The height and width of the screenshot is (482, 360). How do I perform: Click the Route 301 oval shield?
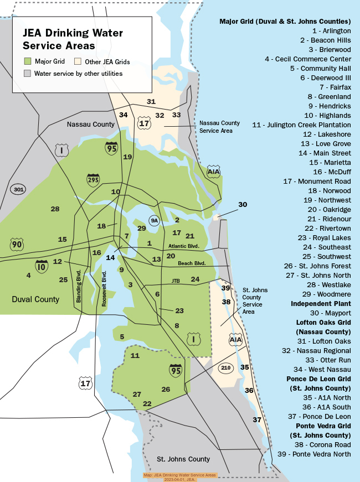click(18, 189)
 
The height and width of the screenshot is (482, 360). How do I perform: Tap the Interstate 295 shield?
click(93, 180)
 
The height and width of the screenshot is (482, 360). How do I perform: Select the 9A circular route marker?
click(155, 220)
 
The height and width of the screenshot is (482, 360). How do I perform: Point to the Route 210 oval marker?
click(225, 367)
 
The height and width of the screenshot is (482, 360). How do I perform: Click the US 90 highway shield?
click(17, 245)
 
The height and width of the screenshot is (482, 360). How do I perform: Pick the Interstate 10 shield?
click(42, 266)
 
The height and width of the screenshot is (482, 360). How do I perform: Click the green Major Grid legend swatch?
click(27, 62)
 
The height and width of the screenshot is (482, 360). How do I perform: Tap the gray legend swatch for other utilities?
click(27, 73)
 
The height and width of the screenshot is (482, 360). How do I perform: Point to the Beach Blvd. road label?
click(192, 263)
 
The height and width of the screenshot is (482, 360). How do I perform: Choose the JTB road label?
click(176, 281)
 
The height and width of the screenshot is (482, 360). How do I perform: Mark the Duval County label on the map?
click(35, 299)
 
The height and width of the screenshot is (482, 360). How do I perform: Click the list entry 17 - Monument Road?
click(317, 181)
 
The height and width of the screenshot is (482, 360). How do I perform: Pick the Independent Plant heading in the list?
click(321, 304)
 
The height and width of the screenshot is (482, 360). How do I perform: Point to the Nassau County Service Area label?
click(219, 127)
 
